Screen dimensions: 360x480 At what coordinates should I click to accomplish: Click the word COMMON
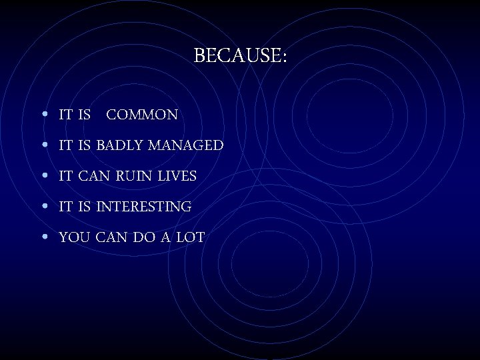(x=142, y=115)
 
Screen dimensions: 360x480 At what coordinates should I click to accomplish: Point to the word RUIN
(x=139, y=176)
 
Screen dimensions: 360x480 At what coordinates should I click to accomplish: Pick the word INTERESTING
(x=143, y=207)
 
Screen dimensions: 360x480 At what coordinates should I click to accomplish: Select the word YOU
(x=73, y=237)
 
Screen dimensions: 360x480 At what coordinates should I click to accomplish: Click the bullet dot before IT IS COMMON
(x=43, y=115)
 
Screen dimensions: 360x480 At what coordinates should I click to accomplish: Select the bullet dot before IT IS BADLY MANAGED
(x=43, y=145)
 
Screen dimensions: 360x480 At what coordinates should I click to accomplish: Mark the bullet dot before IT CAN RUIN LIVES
(x=43, y=176)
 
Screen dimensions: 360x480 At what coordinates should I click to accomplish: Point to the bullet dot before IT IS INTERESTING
(x=43, y=207)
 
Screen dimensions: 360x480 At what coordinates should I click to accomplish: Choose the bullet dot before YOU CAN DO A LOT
(x=43, y=237)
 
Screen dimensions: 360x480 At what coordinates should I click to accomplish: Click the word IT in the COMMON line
(x=65, y=115)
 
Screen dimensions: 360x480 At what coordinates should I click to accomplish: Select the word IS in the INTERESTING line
(x=84, y=207)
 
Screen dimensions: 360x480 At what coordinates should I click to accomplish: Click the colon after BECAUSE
(x=284, y=57)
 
